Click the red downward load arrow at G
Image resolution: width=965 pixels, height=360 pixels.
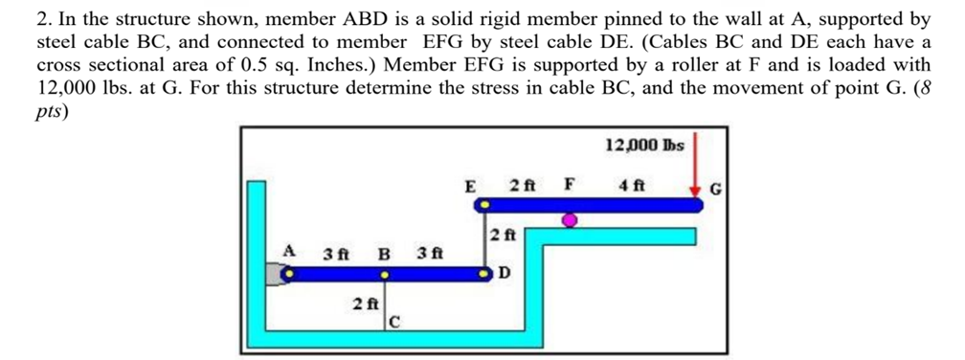pos(695,168)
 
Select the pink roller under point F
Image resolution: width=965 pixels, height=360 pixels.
pos(570,222)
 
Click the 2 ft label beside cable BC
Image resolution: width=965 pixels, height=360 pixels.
pos(364,304)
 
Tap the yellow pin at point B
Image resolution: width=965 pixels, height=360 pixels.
pos(385,275)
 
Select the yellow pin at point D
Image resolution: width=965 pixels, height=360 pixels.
pos(485,275)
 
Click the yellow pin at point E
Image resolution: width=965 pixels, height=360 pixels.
pos(485,205)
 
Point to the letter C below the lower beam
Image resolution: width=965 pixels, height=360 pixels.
pos(394,323)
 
